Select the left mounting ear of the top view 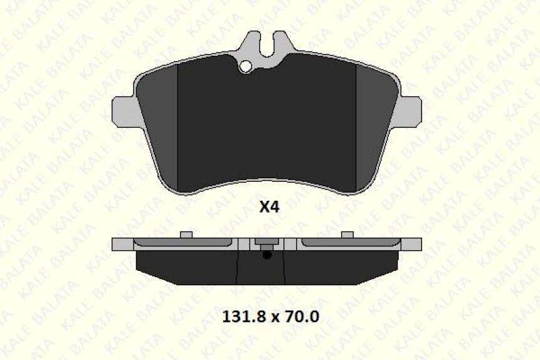coord(123,110)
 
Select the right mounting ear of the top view coord(411,110)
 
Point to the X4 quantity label coord(269,208)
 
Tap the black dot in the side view coord(267,255)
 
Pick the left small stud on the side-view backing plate coord(185,235)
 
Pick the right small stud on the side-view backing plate coord(347,235)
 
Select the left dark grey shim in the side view coord(182,242)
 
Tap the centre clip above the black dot coord(267,244)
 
